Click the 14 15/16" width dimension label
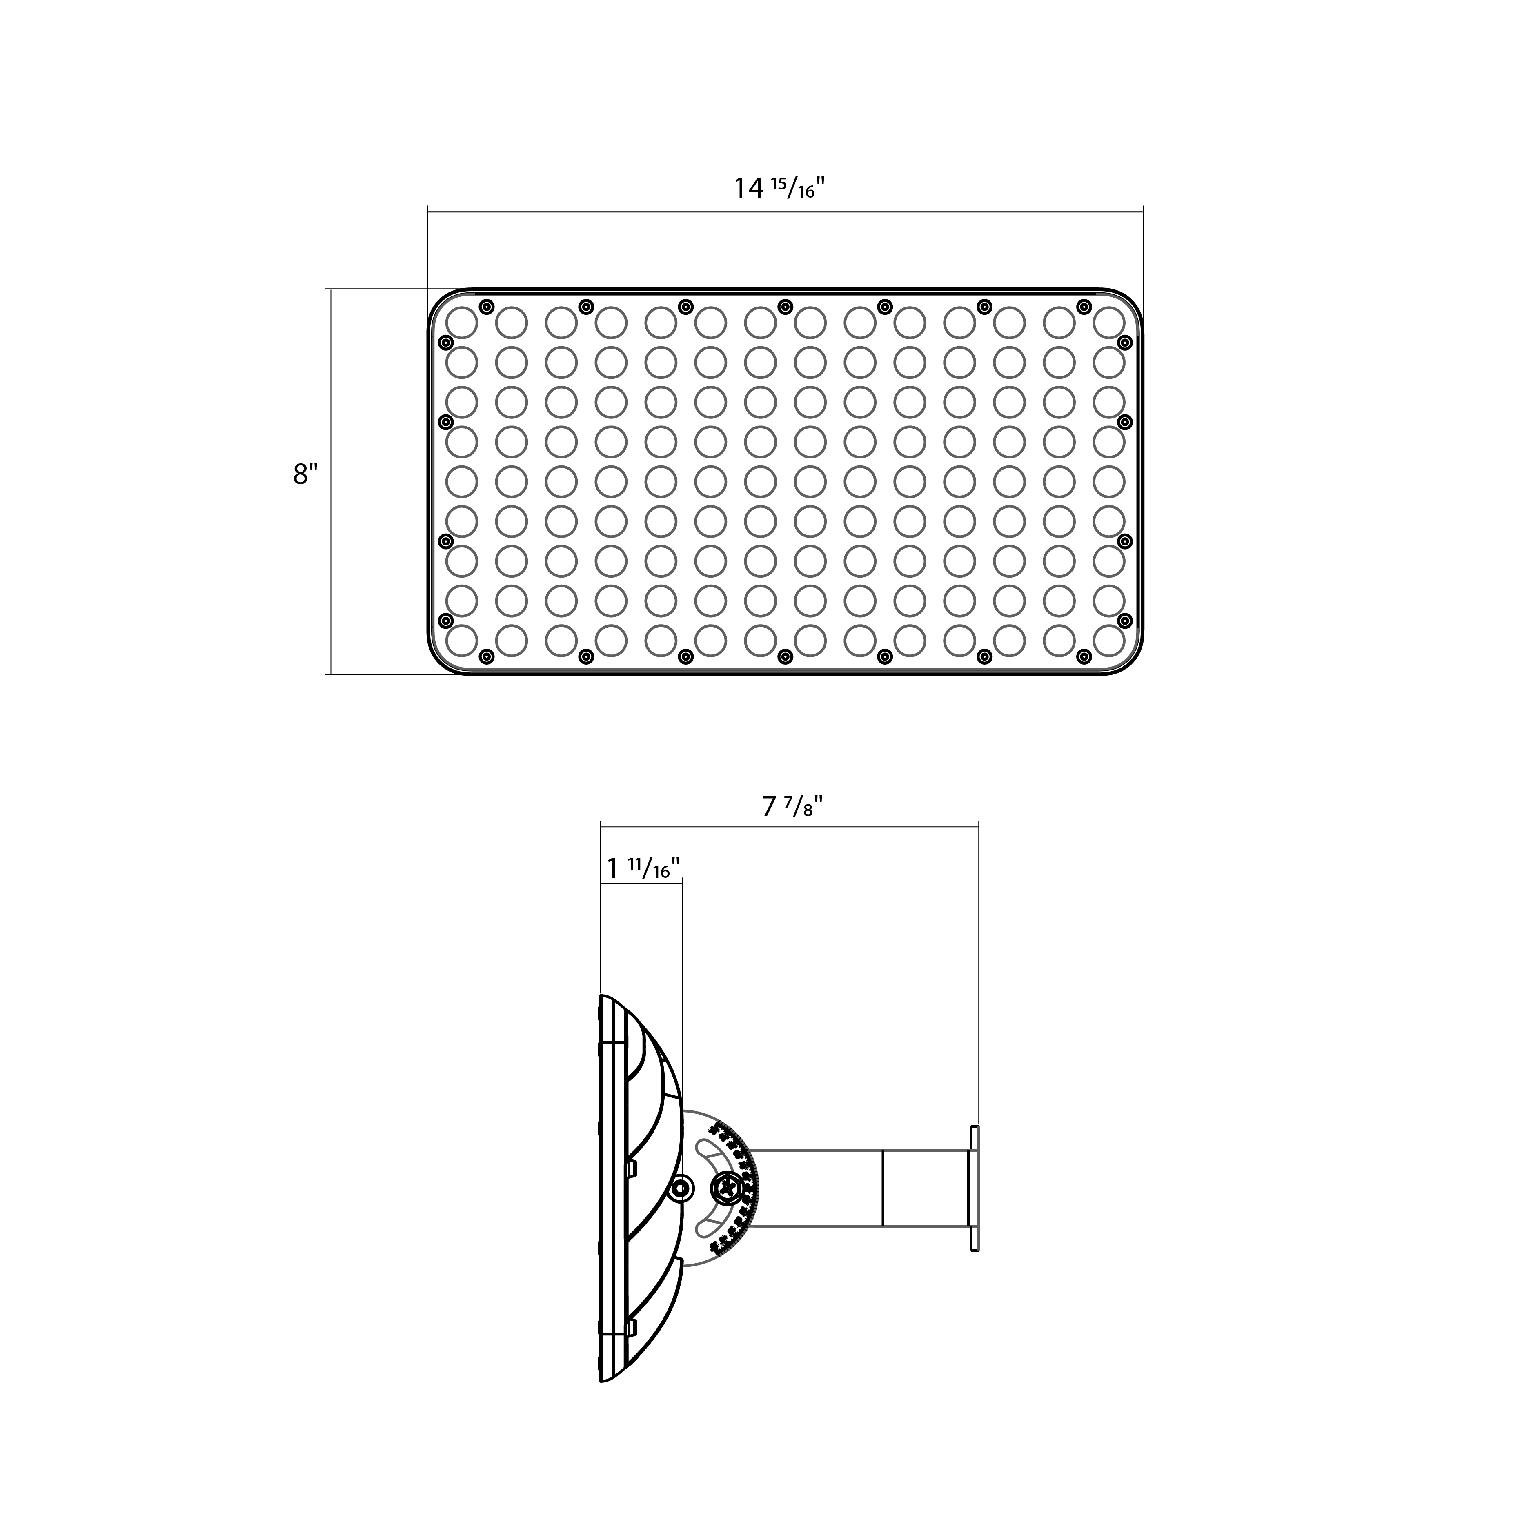[779, 189]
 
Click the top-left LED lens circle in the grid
[462, 322]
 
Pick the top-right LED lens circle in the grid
[1108, 322]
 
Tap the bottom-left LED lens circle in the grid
[462, 640]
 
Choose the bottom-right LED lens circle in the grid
[1108, 640]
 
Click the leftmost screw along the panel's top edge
[487, 307]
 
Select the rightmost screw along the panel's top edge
[1084, 307]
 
